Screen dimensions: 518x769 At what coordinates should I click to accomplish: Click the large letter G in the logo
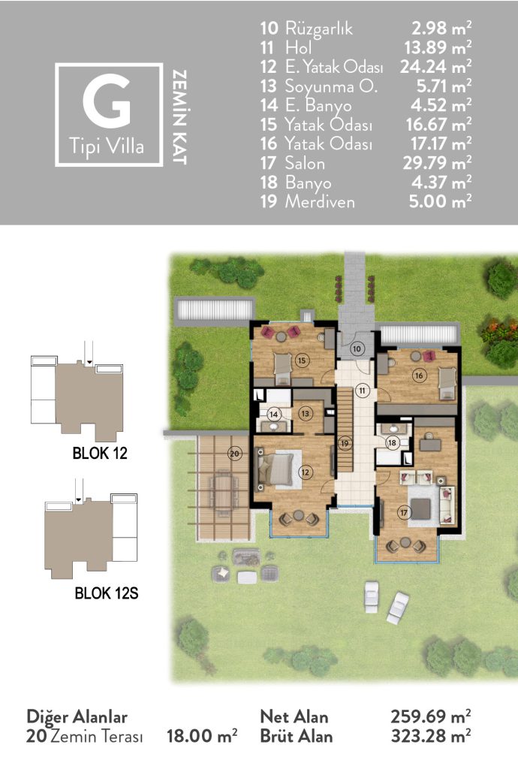click(x=107, y=101)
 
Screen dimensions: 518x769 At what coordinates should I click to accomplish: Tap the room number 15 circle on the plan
click(x=302, y=360)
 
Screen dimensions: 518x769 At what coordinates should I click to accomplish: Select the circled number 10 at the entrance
click(x=357, y=348)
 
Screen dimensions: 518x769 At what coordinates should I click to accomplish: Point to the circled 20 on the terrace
click(x=235, y=454)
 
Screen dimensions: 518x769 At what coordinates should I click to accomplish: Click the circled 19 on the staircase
click(x=345, y=443)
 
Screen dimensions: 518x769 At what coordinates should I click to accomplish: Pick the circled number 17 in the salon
click(x=403, y=513)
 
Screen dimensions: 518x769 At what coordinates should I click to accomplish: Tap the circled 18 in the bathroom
click(x=392, y=443)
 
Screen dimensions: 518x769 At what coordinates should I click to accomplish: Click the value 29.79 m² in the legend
click(x=437, y=163)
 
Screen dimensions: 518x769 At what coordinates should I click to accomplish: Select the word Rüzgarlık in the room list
click(x=319, y=29)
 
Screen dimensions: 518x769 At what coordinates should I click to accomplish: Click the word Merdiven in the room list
click(x=320, y=201)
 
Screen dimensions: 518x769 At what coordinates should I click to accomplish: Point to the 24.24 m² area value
click(x=435, y=66)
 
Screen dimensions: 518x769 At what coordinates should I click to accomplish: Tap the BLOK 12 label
click(x=100, y=453)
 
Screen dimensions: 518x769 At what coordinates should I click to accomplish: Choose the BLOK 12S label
click(x=107, y=593)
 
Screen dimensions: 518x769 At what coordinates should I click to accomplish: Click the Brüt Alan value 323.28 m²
click(x=431, y=736)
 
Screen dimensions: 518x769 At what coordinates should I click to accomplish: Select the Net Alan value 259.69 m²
click(x=431, y=716)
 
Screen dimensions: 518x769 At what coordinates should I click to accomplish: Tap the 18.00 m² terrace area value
click(x=202, y=736)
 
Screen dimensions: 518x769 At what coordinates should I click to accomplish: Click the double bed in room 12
click(x=276, y=469)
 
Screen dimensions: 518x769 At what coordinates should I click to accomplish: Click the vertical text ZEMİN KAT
click(x=179, y=117)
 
